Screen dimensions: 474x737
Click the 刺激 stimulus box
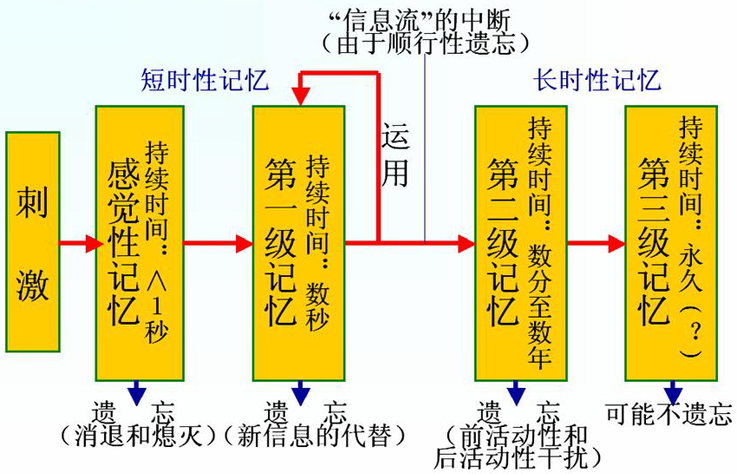(32, 241)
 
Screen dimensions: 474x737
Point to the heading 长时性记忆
(597, 81)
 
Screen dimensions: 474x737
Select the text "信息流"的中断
(424, 18)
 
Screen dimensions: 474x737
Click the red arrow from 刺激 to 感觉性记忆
(78, 243)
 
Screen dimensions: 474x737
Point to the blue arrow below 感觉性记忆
(137, 392)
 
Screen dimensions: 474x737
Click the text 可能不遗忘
(669, 414)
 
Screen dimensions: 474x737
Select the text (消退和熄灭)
(139, 434)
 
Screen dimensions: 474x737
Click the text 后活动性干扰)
(520, 455)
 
